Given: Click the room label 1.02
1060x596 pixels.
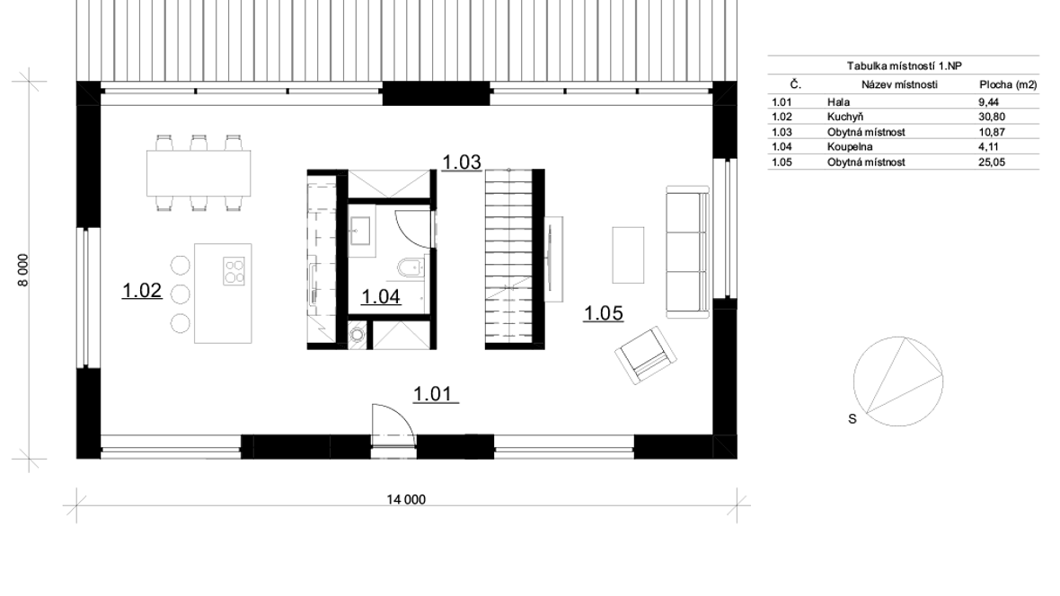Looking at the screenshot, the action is tap(142, 291).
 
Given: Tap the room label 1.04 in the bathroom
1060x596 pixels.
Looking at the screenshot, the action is tap(381, 296).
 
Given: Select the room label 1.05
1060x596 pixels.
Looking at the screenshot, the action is tap(603, 313).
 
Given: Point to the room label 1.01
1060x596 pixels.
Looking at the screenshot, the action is tap(433, 393).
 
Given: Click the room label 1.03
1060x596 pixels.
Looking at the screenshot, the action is tap(462, 162).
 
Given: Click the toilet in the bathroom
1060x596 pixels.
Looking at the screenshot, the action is tap(410, 269).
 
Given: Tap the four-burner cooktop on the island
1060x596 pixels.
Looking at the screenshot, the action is tap(234, 271).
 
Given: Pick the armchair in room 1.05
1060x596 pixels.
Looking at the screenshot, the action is tap(646, 355).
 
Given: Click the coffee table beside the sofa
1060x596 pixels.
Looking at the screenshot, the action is tap(628, 255).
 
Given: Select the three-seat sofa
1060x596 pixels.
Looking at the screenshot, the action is tap(687, 252).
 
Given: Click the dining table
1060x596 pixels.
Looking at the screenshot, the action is tap(199, 173).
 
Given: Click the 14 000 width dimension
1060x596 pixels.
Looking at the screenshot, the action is tap(406, 500).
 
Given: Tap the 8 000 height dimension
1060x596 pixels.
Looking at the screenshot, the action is tap(23, 270).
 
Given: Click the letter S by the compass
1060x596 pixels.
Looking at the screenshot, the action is tap(852, 419).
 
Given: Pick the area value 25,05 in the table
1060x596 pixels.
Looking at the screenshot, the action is tap(992, 162).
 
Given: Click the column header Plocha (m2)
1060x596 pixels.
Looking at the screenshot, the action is tap(1008, 84).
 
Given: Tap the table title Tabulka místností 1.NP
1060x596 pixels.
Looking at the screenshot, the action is tap(904, 66).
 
